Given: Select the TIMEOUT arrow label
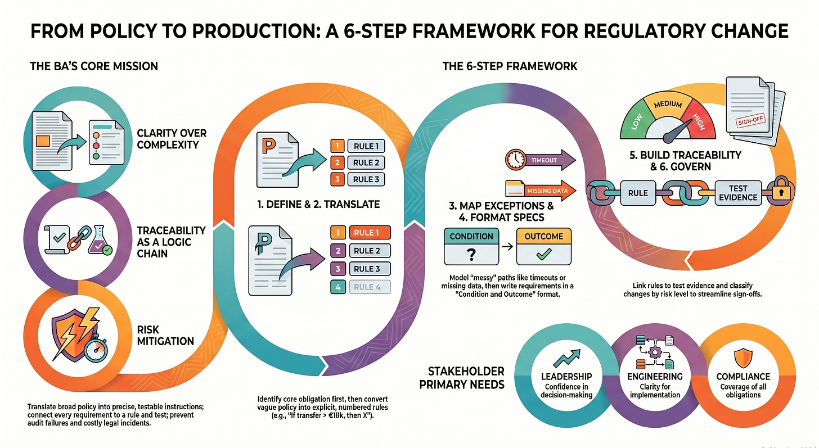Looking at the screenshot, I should [x=543, y=160].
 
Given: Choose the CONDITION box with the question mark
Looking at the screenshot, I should [x=471, y=246].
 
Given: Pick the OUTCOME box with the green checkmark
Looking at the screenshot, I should [x=543, y=246].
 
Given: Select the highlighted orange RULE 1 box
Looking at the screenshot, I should [x=369, y=233].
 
